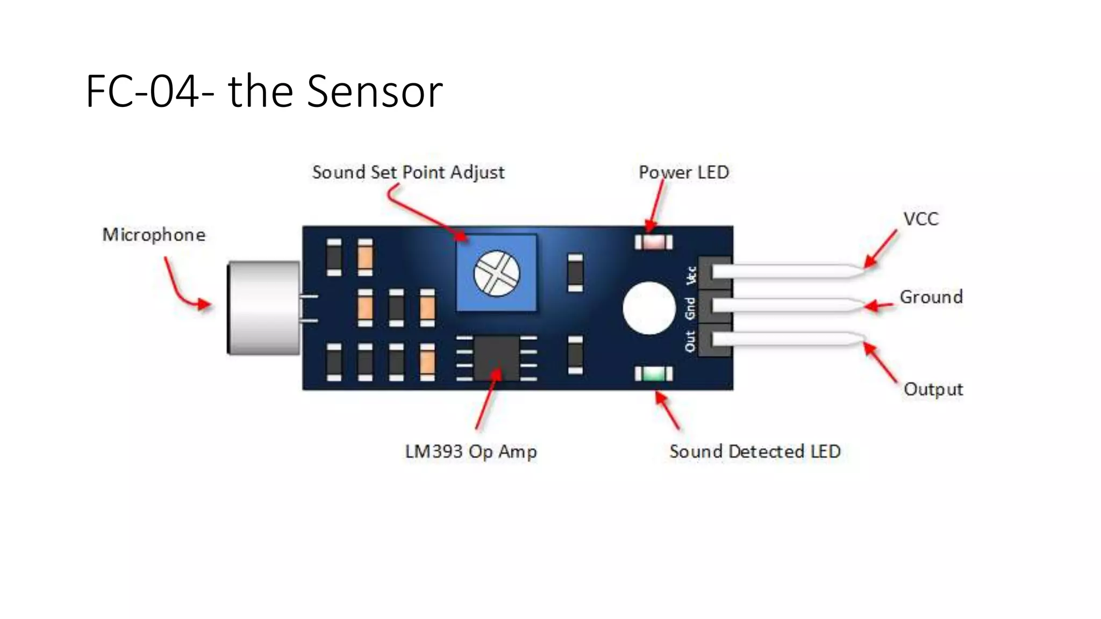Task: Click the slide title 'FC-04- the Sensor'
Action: pos(263,91)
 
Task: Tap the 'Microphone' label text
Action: pos(154,235)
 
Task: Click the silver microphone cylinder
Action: pos(263,308)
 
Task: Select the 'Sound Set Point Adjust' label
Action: pos(408,172)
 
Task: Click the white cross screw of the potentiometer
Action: pos(496,273)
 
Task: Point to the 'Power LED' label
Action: pos(683,172)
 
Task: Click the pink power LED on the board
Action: pos(653,242)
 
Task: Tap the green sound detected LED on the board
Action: pos(653,373)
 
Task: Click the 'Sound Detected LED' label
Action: pos(754,451)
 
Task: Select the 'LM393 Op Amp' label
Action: pos(470,451)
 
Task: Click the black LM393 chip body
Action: pos(496,358)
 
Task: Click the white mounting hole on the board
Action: pos(649,308)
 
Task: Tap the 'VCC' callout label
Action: pos(920,219)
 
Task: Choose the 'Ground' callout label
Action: pos(931,297)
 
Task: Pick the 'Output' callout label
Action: pos(933,389)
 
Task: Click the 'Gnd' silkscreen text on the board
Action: pos(690,308)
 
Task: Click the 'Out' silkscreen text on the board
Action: pos(690,341)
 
